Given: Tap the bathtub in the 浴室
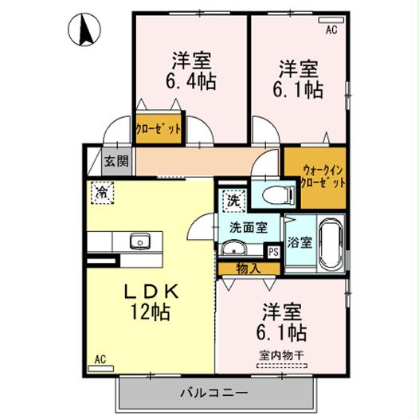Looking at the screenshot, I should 329,244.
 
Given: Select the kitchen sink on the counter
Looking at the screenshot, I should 140,240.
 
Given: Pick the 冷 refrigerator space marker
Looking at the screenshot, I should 100,192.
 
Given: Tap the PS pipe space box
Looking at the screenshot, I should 272,252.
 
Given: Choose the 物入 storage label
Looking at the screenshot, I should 249,268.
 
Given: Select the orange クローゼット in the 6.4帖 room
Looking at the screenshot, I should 158,128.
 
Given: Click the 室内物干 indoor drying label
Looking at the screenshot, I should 283,355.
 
